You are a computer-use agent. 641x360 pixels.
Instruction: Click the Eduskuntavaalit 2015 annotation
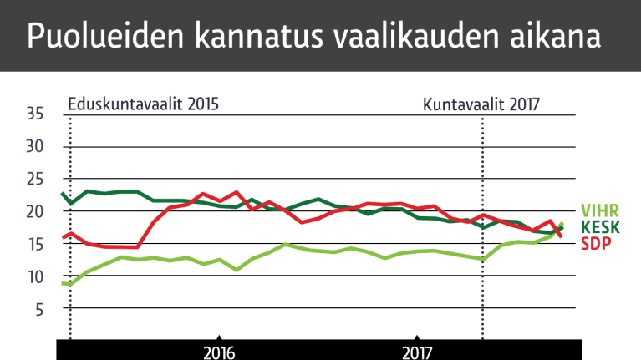click(143, 105)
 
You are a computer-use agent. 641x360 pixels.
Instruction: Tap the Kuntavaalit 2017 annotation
click(481, 105)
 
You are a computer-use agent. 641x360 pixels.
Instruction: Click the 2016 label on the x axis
click(218, 352)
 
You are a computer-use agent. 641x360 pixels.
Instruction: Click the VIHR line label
click(600, 210)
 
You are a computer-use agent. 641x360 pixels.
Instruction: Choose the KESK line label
click(600, 226)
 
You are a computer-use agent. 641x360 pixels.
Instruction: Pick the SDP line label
click(596, 242)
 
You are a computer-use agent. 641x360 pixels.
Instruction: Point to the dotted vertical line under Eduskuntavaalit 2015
click(70, 309)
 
